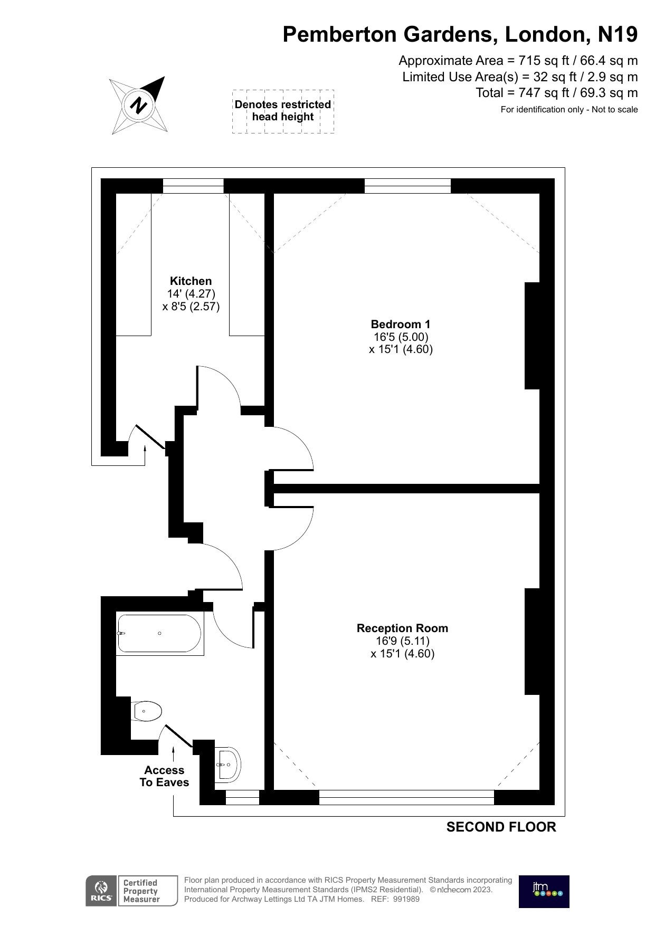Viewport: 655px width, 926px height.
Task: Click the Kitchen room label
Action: pyautogui.click(x=191, y=281)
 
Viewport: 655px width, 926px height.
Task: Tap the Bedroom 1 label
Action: pyautogui.click(x=401, y=324)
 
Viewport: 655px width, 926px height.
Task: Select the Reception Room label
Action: pyautogui.click(x=402, y=628)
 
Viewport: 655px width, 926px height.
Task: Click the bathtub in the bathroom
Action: pyautogui.click(x=160, y=634)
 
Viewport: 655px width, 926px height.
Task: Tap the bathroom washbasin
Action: pyautogui.click(x=228, y=765)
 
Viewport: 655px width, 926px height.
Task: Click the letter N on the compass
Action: pyautogui.click(x=139, y=105)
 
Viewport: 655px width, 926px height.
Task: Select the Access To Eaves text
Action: pyautogui.click(x=164, y=776)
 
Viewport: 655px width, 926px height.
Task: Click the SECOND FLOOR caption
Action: pyautogui.click(x=501, y=827)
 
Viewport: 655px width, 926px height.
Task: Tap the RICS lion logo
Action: pyautogui.click(x=101, y=891)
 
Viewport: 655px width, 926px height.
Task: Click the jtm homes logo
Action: pyautogui.click(x=544, y=892)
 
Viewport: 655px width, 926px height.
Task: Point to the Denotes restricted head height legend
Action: pyautogui.click(x=283, y=111)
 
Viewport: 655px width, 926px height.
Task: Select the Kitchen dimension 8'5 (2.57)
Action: pyautogui.click(x=191, y=307)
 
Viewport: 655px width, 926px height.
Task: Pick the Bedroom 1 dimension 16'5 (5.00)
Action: pyautogui.click(x=401, y=337)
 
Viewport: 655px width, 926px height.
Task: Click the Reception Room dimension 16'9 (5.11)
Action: pyautogui.click(x=403, y=641)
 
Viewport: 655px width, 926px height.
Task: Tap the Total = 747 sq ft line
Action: pyautogui.click(x=557, y=93)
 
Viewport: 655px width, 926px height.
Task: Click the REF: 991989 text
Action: pyautogui.click(x=395, y=899)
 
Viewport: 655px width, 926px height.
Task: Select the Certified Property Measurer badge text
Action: pyautogui.click(x=141, y=891)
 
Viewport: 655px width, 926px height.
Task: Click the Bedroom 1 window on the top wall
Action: pyautogui.click(x=407, y=186)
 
